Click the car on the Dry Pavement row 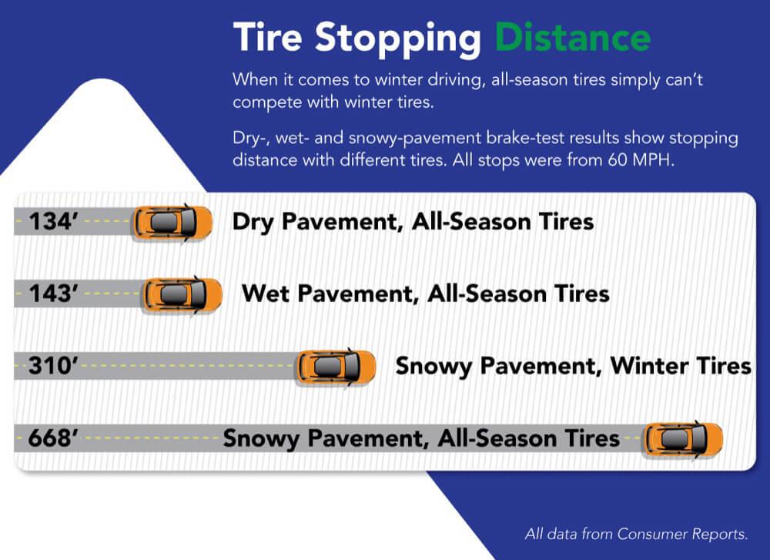[x=172, y=223]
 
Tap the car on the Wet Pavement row [x=182, y=295]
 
